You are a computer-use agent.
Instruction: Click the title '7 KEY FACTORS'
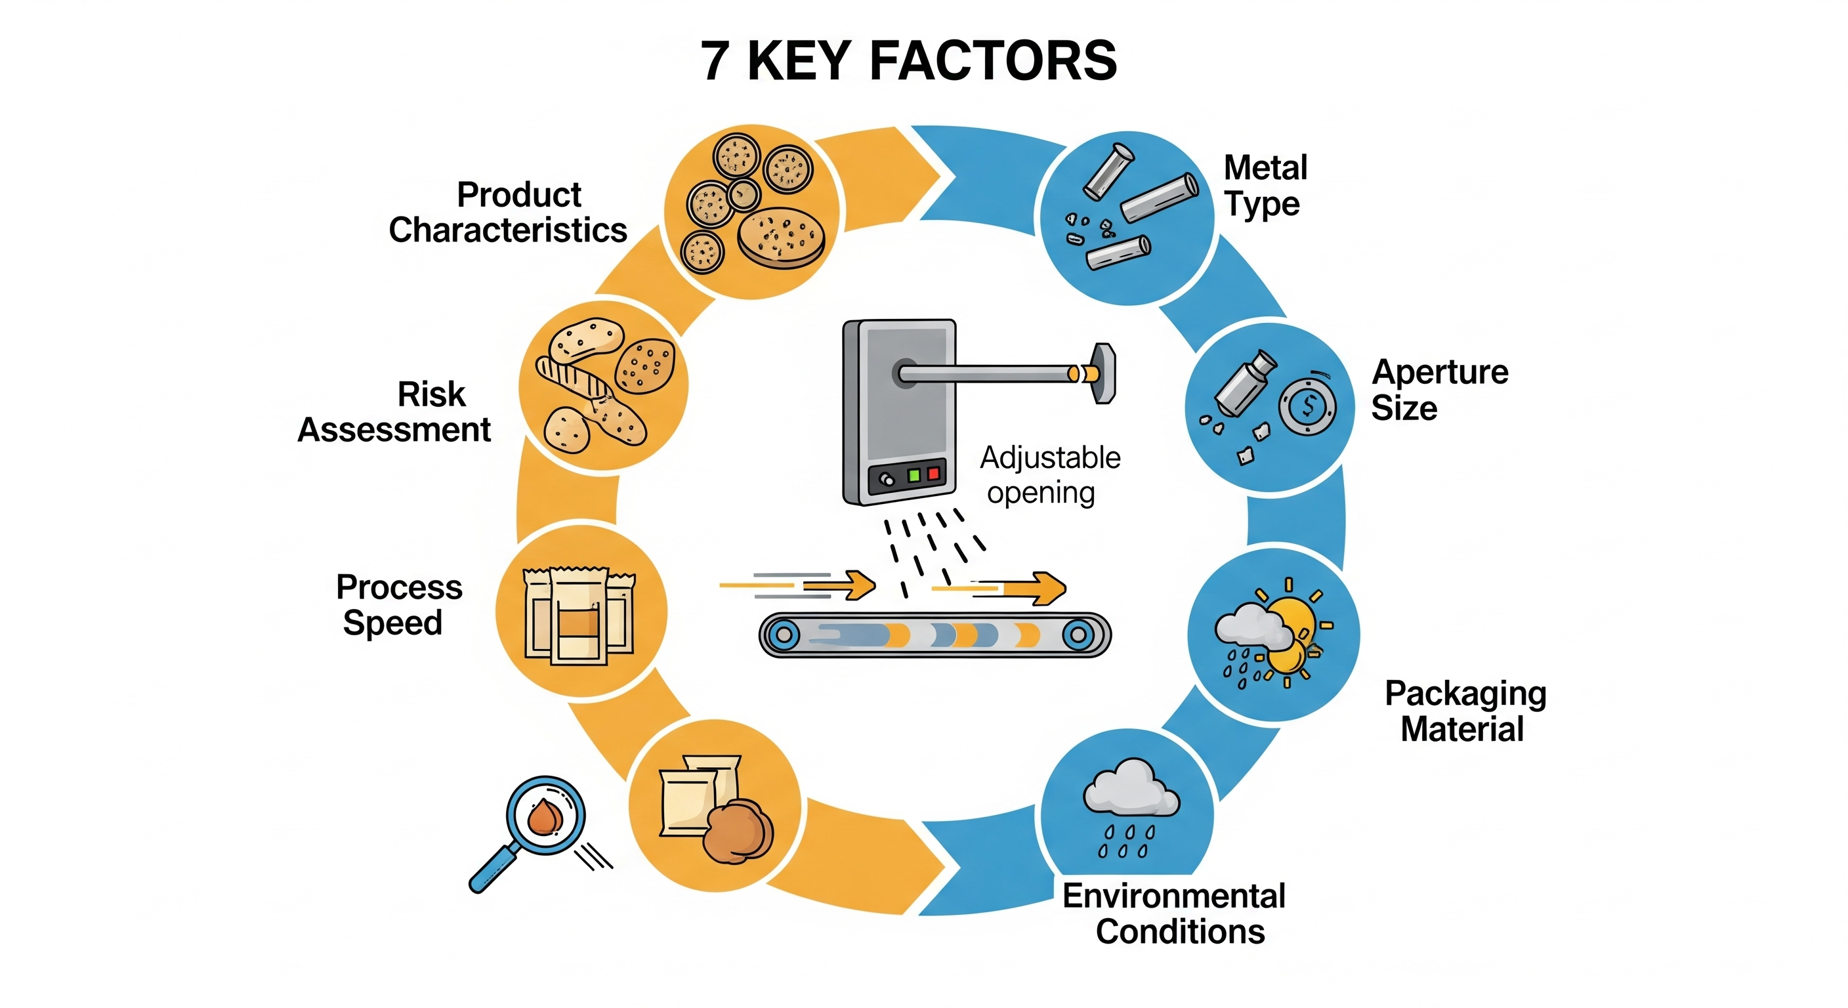tap(909, 61)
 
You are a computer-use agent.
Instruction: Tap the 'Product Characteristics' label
tap(508, 213)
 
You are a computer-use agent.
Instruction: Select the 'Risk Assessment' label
tap(394, 412)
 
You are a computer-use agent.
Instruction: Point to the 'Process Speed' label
tap(399, 604)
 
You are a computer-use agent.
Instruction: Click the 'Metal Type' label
tap(1265, 185)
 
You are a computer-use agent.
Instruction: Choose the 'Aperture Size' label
tap(1439, 390)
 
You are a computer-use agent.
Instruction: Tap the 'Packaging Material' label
tap(1465, 711)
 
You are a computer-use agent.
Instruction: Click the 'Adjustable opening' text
tap(1049, 475)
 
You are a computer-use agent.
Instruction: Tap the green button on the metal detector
tap(914, 475)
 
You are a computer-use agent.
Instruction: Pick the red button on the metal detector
tap(933, 472)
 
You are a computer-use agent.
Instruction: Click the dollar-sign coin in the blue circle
tap(1308, 408)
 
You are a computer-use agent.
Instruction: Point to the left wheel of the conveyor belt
tap(784, 634)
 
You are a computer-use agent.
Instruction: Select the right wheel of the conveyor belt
tap(1077, 634)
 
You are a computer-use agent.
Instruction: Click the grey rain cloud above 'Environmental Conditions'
tap(1130, 790)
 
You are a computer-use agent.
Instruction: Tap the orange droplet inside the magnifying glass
tap(545, 816)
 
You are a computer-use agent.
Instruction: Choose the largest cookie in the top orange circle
tap(780, 237)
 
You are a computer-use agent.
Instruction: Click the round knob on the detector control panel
tap(887, 479)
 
